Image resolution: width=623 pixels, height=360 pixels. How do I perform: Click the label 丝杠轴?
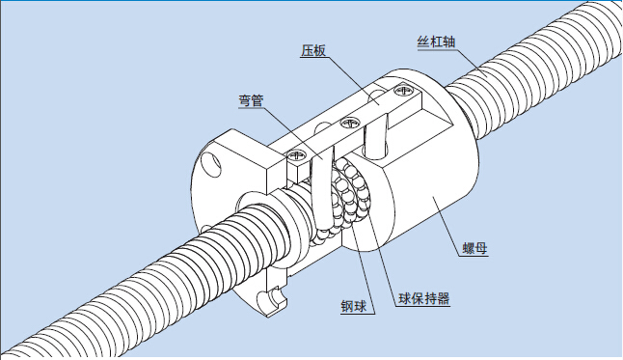(x=436, y=42)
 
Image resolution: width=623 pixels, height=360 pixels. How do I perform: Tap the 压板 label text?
(x=313, y=50)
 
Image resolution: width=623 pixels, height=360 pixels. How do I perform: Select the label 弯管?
(x=251, y=100)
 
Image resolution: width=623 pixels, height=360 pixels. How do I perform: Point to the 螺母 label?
(x=474, y=249)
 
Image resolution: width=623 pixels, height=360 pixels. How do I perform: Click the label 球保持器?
(x=424, y=298)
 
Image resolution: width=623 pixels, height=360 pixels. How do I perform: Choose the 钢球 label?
(x=354, y=306)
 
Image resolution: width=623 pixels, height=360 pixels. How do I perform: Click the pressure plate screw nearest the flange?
(x=297, y=154)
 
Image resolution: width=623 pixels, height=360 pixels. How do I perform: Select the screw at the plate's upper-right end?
(x=403, y=90)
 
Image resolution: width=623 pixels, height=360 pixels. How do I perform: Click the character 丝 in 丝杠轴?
(x=423, y=42)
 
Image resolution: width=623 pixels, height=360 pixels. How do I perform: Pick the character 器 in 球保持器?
(x=444, y=298)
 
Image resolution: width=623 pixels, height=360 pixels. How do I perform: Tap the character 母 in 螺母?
(x=481, y=249)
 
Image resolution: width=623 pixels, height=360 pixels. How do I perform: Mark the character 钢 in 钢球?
(x=347, y=306)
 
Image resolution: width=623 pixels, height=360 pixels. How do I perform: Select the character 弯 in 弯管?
(x=245, y=100)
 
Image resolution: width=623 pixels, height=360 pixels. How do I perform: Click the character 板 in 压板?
(x=320, y=50)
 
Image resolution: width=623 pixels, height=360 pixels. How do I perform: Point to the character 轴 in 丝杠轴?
(x=449, y=42)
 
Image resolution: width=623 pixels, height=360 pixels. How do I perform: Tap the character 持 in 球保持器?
(x=430, y=298)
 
